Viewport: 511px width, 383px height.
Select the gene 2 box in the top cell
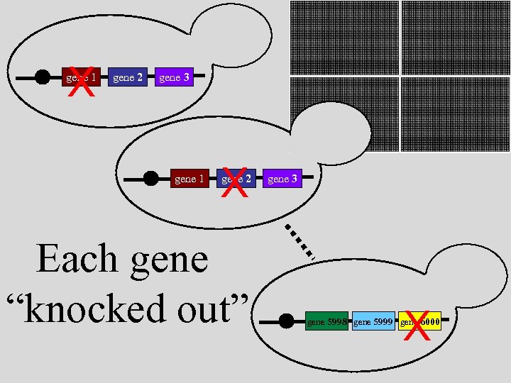point(128,77)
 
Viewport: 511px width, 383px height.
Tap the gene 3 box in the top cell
point(174,77)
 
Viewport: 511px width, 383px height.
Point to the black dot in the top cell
point(43,77)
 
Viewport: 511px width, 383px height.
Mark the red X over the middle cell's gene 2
point(235,184)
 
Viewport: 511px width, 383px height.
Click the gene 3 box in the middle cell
point(282,179)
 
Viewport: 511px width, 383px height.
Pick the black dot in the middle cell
point(150,178)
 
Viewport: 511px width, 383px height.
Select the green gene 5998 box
point(326,321)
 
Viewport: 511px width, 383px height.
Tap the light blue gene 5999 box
point(373,321)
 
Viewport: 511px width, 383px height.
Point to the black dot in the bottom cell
point(286,321)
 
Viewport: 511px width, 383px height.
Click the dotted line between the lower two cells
point(300,242)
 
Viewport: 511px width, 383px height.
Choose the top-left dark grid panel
point(344,37)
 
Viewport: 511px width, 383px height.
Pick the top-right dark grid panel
point(456,37)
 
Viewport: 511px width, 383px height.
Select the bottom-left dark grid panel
point(344,113)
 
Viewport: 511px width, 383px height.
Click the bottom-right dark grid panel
point(456,113)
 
